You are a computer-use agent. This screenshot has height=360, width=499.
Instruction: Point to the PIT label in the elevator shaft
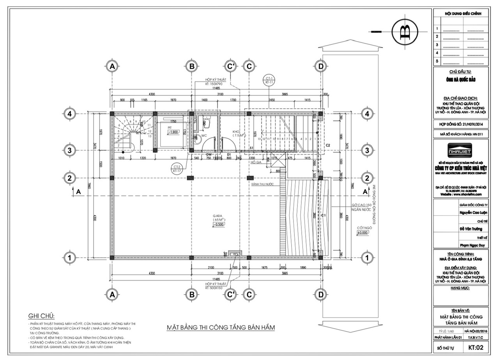170,127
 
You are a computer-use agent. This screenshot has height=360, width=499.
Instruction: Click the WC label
204,136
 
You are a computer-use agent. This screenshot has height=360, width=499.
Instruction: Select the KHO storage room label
235,132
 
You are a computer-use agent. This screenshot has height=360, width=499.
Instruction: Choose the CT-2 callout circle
177,168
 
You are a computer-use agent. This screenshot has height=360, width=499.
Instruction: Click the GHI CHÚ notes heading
42,316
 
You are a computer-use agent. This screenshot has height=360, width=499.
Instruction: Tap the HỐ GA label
256,162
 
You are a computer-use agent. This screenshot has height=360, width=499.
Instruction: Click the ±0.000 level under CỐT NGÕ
363,233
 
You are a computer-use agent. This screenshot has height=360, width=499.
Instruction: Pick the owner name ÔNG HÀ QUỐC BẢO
460,80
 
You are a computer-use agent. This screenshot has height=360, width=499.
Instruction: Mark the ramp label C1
323,215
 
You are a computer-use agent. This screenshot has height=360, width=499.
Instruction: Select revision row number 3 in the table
437,45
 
